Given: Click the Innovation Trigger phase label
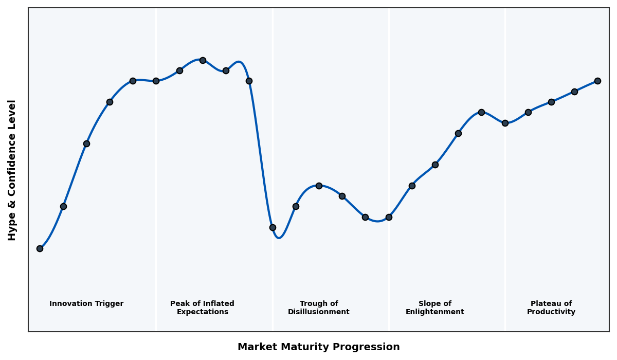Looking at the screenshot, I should pos(86,304).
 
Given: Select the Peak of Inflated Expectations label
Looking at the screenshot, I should pos(202,308).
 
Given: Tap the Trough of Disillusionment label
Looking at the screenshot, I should pos(318,308).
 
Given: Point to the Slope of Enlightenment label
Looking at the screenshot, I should pos(434,308).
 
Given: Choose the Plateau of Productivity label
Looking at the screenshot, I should pos(551,308).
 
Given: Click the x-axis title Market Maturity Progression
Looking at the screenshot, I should pos(318,347).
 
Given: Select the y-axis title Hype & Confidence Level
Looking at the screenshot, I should pos(12,170).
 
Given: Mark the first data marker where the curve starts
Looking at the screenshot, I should pos(40,248).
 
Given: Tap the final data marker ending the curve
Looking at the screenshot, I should pos(597,81).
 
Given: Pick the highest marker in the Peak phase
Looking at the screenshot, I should pos(203,60).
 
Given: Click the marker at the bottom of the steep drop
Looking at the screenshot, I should pos(273,227).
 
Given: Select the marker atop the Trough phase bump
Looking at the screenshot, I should pos(319,186).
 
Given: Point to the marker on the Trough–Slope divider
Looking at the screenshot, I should pos(389,217).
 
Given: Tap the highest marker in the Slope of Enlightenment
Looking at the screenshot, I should pos(481,112).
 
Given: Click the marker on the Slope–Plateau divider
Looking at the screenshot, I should pos(505,123).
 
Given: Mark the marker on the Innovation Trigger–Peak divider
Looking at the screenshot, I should pos(156,81).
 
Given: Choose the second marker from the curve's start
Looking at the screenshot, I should pos(63,206).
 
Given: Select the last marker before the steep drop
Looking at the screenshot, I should pos(249,81).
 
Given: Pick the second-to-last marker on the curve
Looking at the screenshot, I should pos(574,92).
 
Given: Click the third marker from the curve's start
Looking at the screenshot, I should pos(86,143).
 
